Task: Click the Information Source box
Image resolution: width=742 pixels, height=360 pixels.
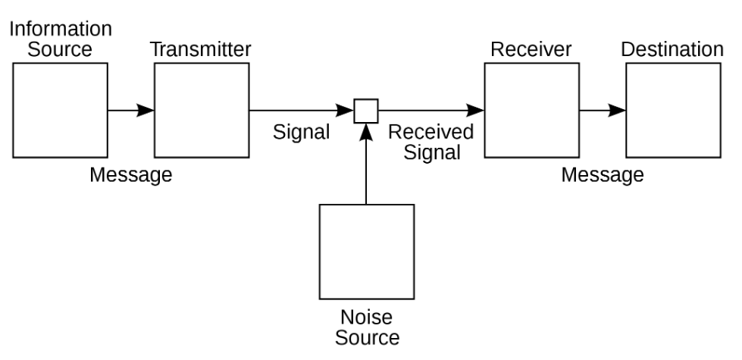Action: [61, 110]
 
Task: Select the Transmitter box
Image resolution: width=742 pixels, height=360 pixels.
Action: [202, 110]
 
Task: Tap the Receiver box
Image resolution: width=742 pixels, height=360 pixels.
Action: [532, 110]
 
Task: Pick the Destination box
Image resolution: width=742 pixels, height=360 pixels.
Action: [673, 110]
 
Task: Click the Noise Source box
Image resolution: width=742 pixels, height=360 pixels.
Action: [366, 252]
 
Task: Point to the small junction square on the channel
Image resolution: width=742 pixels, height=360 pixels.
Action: [366, 111]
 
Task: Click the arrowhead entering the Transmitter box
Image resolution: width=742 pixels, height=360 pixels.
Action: [146, 111]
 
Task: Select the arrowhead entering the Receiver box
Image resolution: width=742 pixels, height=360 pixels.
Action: [477, 111]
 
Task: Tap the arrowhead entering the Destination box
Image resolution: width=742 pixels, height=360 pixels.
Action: [618, 111]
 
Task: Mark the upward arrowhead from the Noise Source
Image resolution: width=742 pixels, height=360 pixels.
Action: [366, 130]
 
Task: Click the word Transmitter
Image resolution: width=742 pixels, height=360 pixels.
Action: [200, 50]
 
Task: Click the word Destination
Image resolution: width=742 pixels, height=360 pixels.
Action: [672, 50]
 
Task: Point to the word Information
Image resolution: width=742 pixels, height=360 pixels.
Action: [61, 30]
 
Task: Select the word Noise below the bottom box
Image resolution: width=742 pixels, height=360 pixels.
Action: [367, 317]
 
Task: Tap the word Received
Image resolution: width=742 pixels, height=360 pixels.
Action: [430, 132]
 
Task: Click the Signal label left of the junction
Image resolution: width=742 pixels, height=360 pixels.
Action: [302, 133]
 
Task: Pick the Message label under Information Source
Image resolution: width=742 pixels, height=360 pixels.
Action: [131, 175]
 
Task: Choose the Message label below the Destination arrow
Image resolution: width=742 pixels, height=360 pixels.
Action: [603, 175]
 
